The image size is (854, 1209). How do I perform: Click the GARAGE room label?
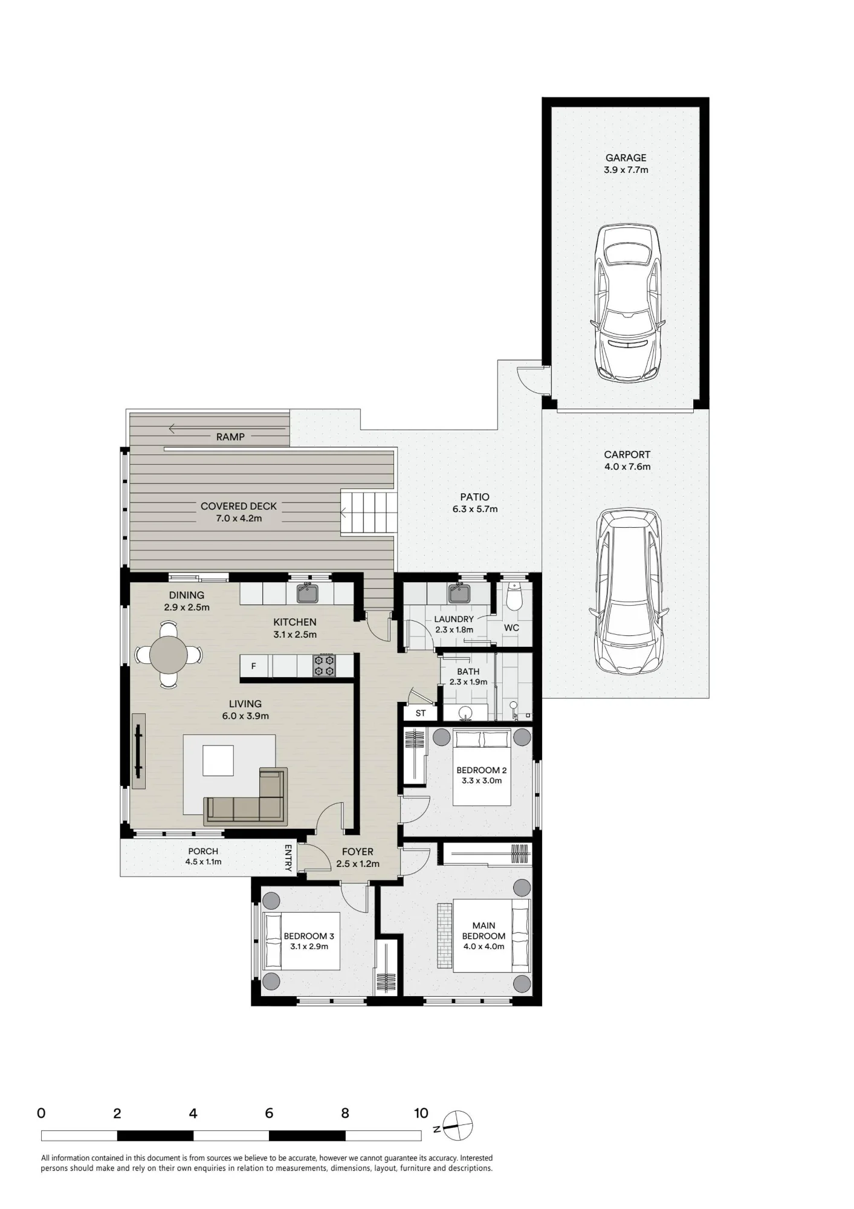tap(626, 158)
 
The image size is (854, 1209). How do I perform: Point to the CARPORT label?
tap(627, 455)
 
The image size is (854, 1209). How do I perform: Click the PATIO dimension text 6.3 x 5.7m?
tap(475, 509)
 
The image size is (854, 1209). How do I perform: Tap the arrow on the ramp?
tap(227, 429)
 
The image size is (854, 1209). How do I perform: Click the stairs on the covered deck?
tap(368, 513)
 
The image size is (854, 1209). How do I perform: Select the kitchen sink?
tap(308, 593)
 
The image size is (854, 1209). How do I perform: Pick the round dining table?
tap(169, 655)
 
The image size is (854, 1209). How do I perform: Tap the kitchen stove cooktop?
tap(324, 666)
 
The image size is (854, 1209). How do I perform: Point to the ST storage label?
tap(421, 713)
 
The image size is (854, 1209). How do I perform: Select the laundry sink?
tap(459, 593)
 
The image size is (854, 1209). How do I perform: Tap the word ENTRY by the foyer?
tap(288, 858)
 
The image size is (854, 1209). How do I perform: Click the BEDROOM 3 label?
tap(309, 936)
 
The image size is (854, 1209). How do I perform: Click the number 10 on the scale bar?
tap(421, 1113)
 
